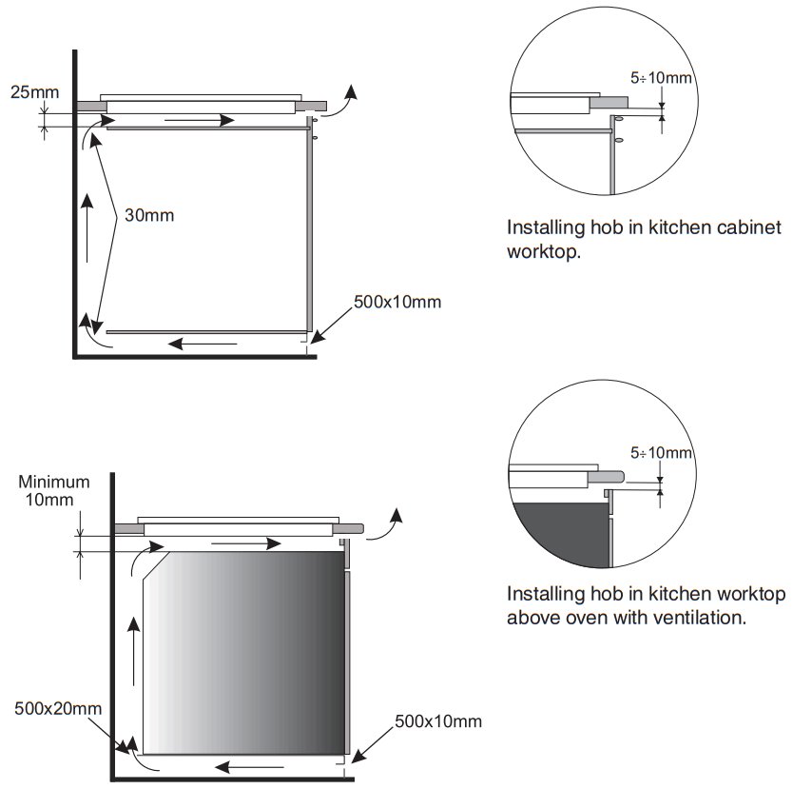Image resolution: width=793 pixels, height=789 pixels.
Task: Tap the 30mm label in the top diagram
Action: pos(149,215)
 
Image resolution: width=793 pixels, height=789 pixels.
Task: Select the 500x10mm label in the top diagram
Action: pos(397,302)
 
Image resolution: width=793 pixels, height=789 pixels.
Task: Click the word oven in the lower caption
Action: pos(590,617)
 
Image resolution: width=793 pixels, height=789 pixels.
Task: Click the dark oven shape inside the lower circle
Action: pos(561,539)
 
